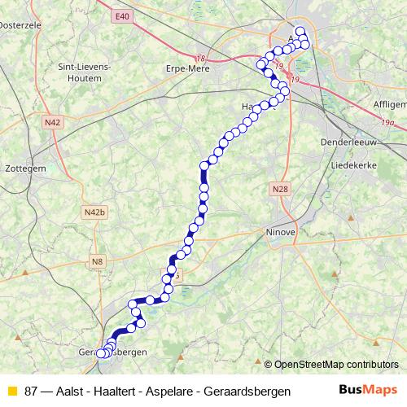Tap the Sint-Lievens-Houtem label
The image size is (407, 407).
[x=79, y=72]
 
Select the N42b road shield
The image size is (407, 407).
[x=94, y=212]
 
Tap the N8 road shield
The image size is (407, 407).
[x=98, y=261]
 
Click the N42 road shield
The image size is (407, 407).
[x=53, y=122]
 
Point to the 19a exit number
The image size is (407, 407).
[x=396, y=122]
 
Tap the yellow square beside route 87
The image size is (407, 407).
[x=11, y=392]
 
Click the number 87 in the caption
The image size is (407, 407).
[x=31, y=392]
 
